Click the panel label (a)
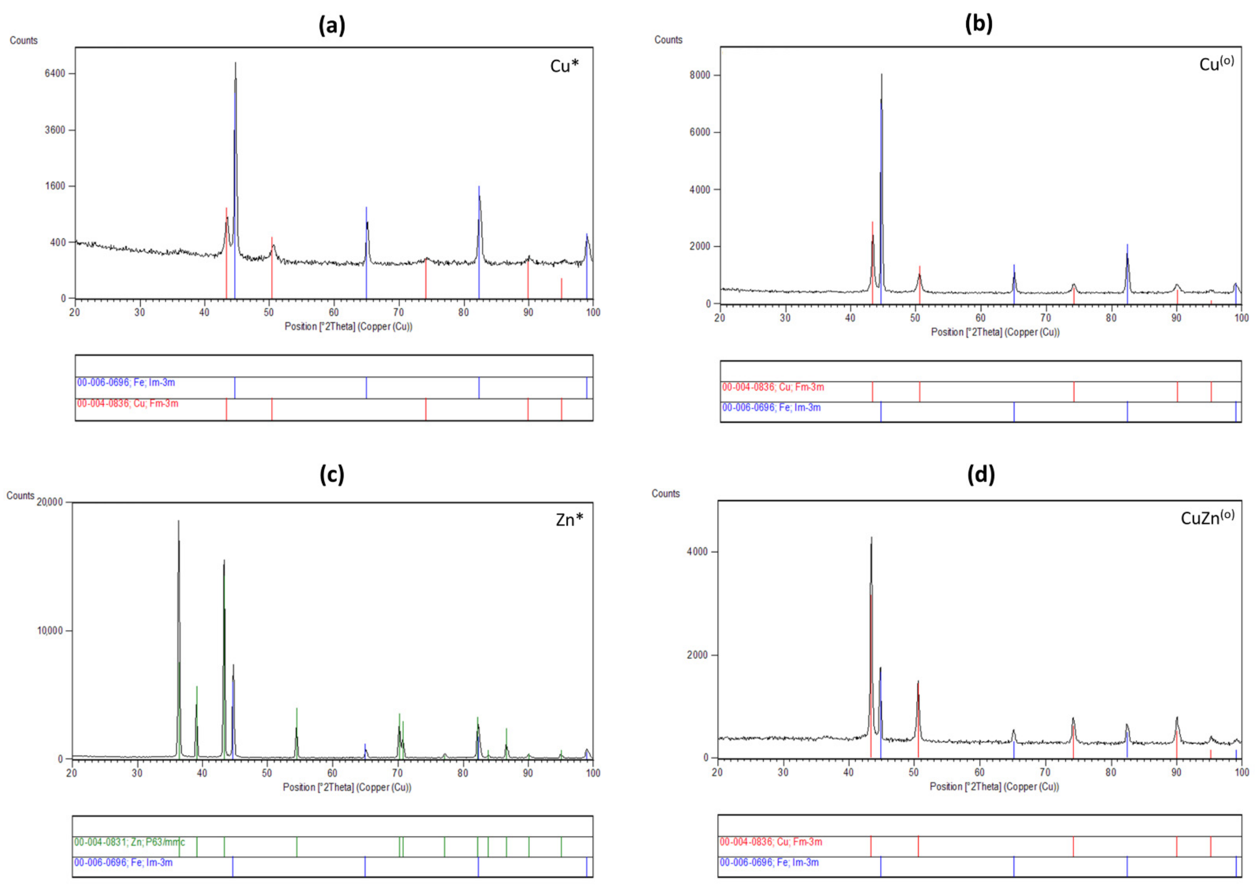[x=332, y=25]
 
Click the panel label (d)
[x=981, y=474]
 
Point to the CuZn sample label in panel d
[x=1207, y=517]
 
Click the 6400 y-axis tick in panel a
[x=55, y=74]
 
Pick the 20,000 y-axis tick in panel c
[x=49, y=502]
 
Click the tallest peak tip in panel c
[x=178, y=521]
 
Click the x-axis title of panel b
[x=995, y=332]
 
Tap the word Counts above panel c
[x=20, y=496]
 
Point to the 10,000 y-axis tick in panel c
[x=50, y=630]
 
